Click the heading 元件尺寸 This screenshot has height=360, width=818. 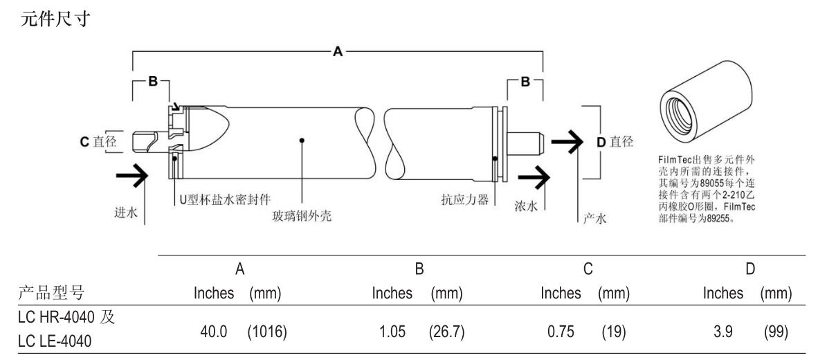[x=55, y=19]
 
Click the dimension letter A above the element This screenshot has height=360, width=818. [x=338, y=51]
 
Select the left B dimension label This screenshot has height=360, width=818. [x=152, y=81]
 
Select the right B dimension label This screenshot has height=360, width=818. [x=525, y=81]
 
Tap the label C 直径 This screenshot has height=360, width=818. [x=98, y=141]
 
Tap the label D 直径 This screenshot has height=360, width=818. [x=615, y=141]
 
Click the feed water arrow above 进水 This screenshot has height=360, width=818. [x=132, y=176]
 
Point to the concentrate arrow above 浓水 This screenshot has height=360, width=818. [x=534, y=177]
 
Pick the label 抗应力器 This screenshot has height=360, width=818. [x=464, y=199]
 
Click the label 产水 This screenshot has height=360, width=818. [x=594, y=219]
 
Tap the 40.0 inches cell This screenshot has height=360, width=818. [x=214, y=332]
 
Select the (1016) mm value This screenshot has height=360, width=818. [x=267, y=332]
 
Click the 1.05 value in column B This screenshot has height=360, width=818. [x=392, y=332]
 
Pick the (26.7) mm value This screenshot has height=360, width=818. [x=446, y=332]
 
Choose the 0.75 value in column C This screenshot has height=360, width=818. [x=561, y=332]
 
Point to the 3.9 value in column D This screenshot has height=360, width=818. [x=723, y=332]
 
